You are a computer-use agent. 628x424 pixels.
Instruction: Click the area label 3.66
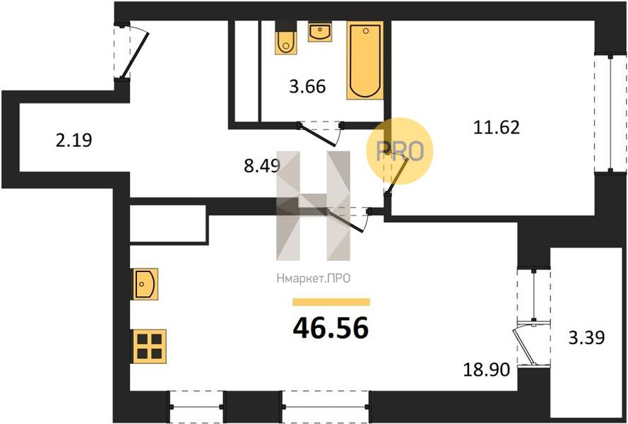pos(307,87)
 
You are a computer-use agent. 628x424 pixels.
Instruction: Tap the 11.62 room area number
pos(496,127)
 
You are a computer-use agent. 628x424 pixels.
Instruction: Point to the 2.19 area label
pos(73,139)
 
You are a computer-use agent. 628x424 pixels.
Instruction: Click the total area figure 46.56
pos(330,327)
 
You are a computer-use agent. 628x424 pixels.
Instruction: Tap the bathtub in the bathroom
pos(365,60)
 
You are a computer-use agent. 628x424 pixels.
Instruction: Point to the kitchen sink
pos(144,283)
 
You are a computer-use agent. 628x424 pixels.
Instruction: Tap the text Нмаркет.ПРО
pos(312,279)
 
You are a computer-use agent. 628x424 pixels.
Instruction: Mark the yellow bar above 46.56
pos(331,302)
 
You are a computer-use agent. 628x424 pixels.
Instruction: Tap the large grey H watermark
pos(313,205)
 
